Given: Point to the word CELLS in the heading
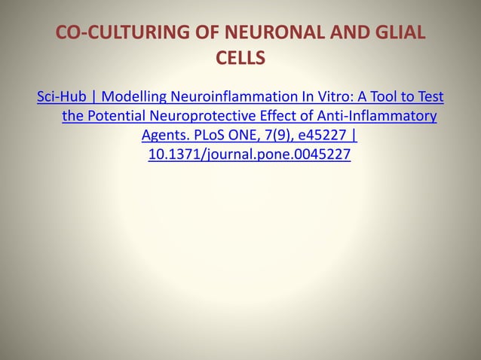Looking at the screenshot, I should coord(240,58).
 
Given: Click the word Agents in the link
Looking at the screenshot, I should coord(164,136).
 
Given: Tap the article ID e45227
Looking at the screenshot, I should coord(323,136).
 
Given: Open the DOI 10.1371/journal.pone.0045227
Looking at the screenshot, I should coord(250,156).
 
